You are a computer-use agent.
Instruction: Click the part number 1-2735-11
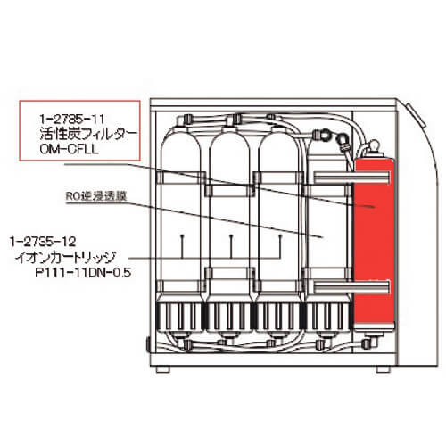(72, 120)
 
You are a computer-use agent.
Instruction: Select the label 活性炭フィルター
(88, 134)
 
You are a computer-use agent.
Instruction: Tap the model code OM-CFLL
(69, 149)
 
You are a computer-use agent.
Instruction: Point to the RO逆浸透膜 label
(96, 196)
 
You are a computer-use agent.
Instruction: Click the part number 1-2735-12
(43, 242)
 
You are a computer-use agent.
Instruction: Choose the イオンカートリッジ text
(65, 258)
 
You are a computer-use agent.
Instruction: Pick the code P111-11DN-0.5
(83, 273)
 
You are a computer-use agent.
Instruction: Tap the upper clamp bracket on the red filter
(351, 178)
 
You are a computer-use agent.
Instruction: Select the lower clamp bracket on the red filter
(351, 286)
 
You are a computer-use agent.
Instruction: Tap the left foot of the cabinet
(163, 369)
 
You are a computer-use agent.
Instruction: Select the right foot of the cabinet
(384, 369)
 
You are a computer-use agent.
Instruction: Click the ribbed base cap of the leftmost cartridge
(180, 317)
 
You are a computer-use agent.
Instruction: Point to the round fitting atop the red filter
(374, 146)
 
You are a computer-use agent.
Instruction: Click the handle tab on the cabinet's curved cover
(417, 116)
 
